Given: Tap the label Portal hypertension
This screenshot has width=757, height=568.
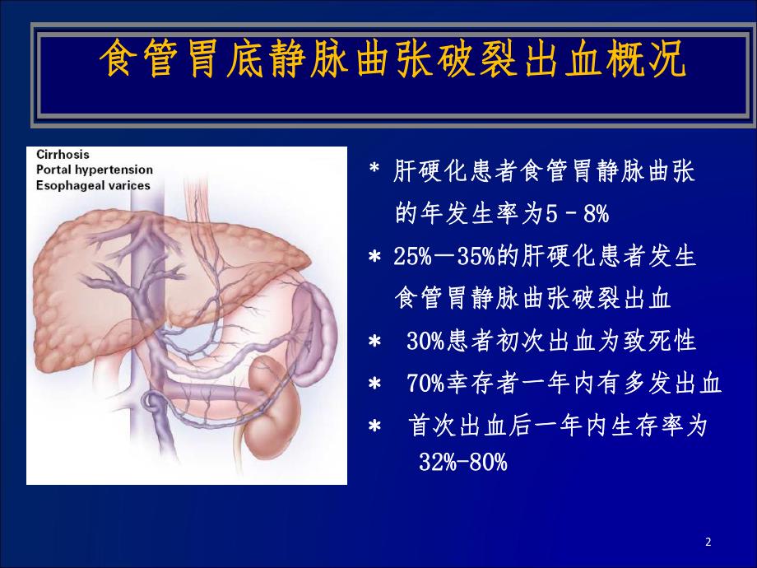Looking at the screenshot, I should coord(94,170).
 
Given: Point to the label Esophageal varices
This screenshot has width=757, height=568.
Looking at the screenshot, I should coord(93,185).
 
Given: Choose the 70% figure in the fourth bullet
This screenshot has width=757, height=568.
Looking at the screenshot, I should coord(425,384).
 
